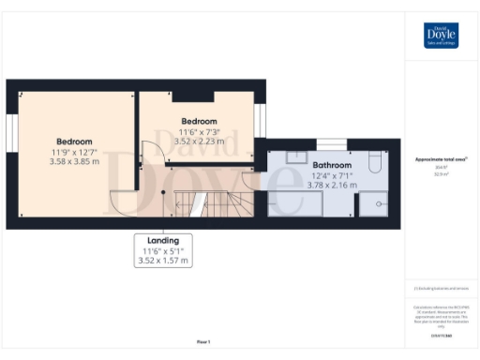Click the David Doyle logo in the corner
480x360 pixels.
(x=442, y=35)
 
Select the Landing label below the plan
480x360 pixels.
(x=163, y=240)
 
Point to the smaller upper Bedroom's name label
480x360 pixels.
(x=199, y=121)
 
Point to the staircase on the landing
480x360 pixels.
(x=217, y=201)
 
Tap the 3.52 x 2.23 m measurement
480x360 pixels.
(x=199, y=142)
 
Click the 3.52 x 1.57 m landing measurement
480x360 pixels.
(x=163, y=260)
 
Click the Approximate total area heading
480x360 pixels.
(x=440, y=159)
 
